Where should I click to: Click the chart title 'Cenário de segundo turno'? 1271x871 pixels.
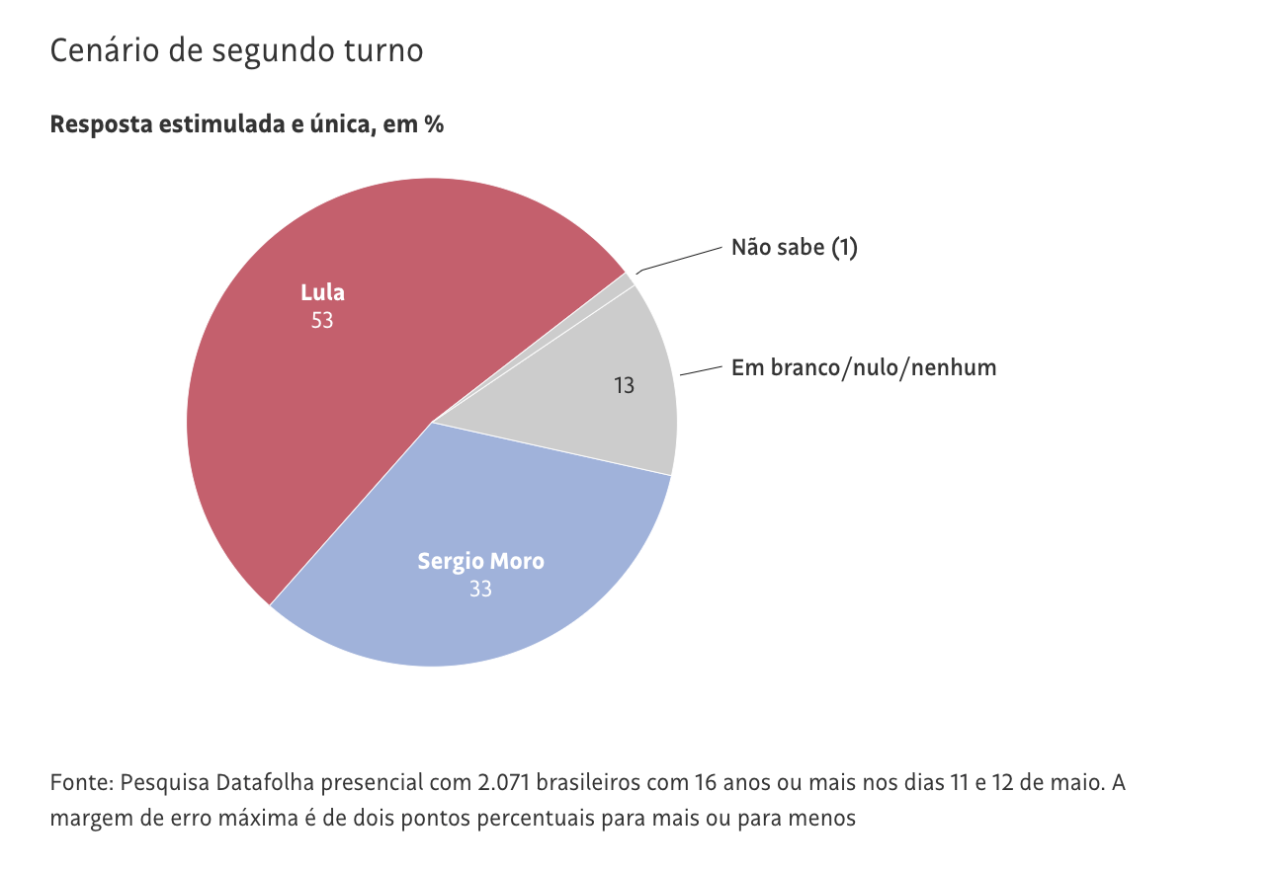point(236,51)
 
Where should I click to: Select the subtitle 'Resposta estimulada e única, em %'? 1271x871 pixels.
point(246,125)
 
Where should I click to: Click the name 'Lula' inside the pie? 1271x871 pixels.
point(322,293)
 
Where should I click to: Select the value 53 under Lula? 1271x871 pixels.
point(322,320)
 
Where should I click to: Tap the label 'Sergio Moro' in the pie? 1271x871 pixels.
point(480,562)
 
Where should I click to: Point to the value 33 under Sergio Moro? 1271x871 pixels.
point(480,590)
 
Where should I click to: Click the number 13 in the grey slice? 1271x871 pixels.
point(624,385)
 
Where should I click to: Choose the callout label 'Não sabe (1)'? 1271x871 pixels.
point(795,247)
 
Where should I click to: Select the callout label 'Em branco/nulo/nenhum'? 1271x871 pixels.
point(864,368)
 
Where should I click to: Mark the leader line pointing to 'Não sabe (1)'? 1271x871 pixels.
point(682,259)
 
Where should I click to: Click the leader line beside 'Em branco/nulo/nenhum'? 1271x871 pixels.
point(702,369)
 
